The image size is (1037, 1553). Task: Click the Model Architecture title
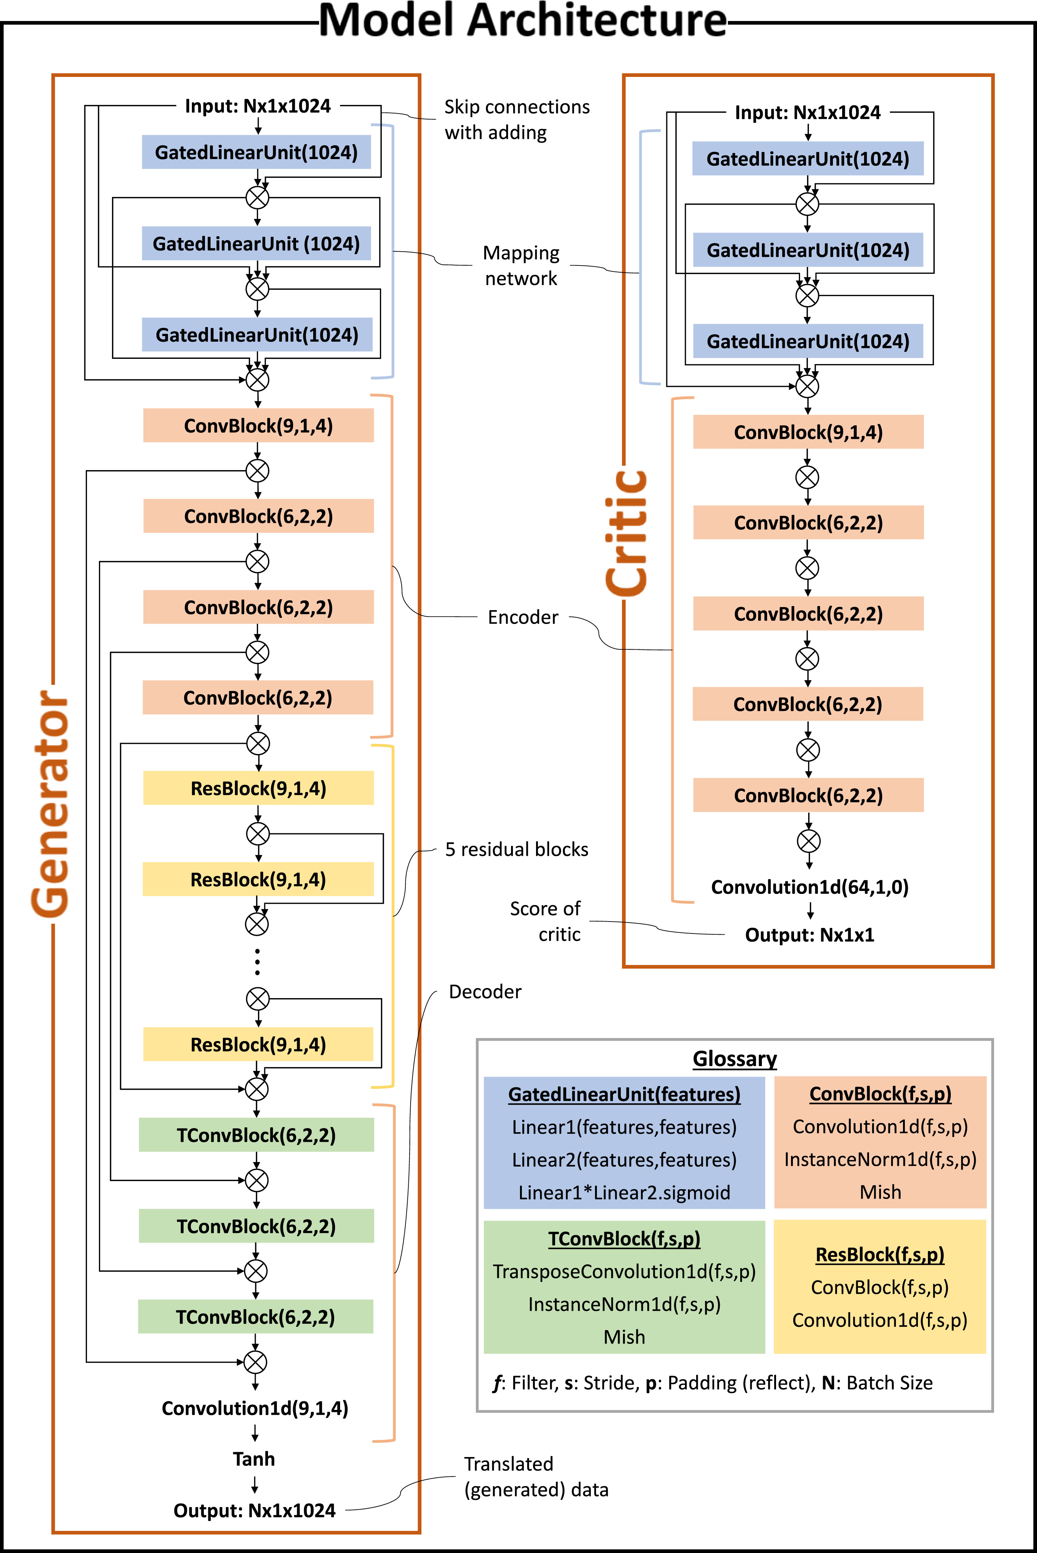point(523,21)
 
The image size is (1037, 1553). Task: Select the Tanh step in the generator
point(254,1459)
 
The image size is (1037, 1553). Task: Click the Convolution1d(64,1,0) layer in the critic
point(810,887)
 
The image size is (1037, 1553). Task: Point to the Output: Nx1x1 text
point(810,935)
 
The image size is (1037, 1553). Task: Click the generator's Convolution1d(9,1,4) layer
point(255,1408)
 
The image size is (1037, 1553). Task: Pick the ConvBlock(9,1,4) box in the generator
point(258,425)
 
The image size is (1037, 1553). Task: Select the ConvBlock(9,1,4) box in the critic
point(808,432)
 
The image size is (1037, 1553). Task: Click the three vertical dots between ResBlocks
point(257,962)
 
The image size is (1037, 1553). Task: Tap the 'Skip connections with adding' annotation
point(517,120)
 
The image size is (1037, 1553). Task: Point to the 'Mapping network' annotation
point(521,265)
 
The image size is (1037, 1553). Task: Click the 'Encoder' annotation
point(523,617)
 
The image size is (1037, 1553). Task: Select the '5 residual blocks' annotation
point(517,849)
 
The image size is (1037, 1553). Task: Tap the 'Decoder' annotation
point(485,991)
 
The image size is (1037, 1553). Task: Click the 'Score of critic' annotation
point(546,921)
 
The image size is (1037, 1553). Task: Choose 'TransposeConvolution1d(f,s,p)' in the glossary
point(624,1271)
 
